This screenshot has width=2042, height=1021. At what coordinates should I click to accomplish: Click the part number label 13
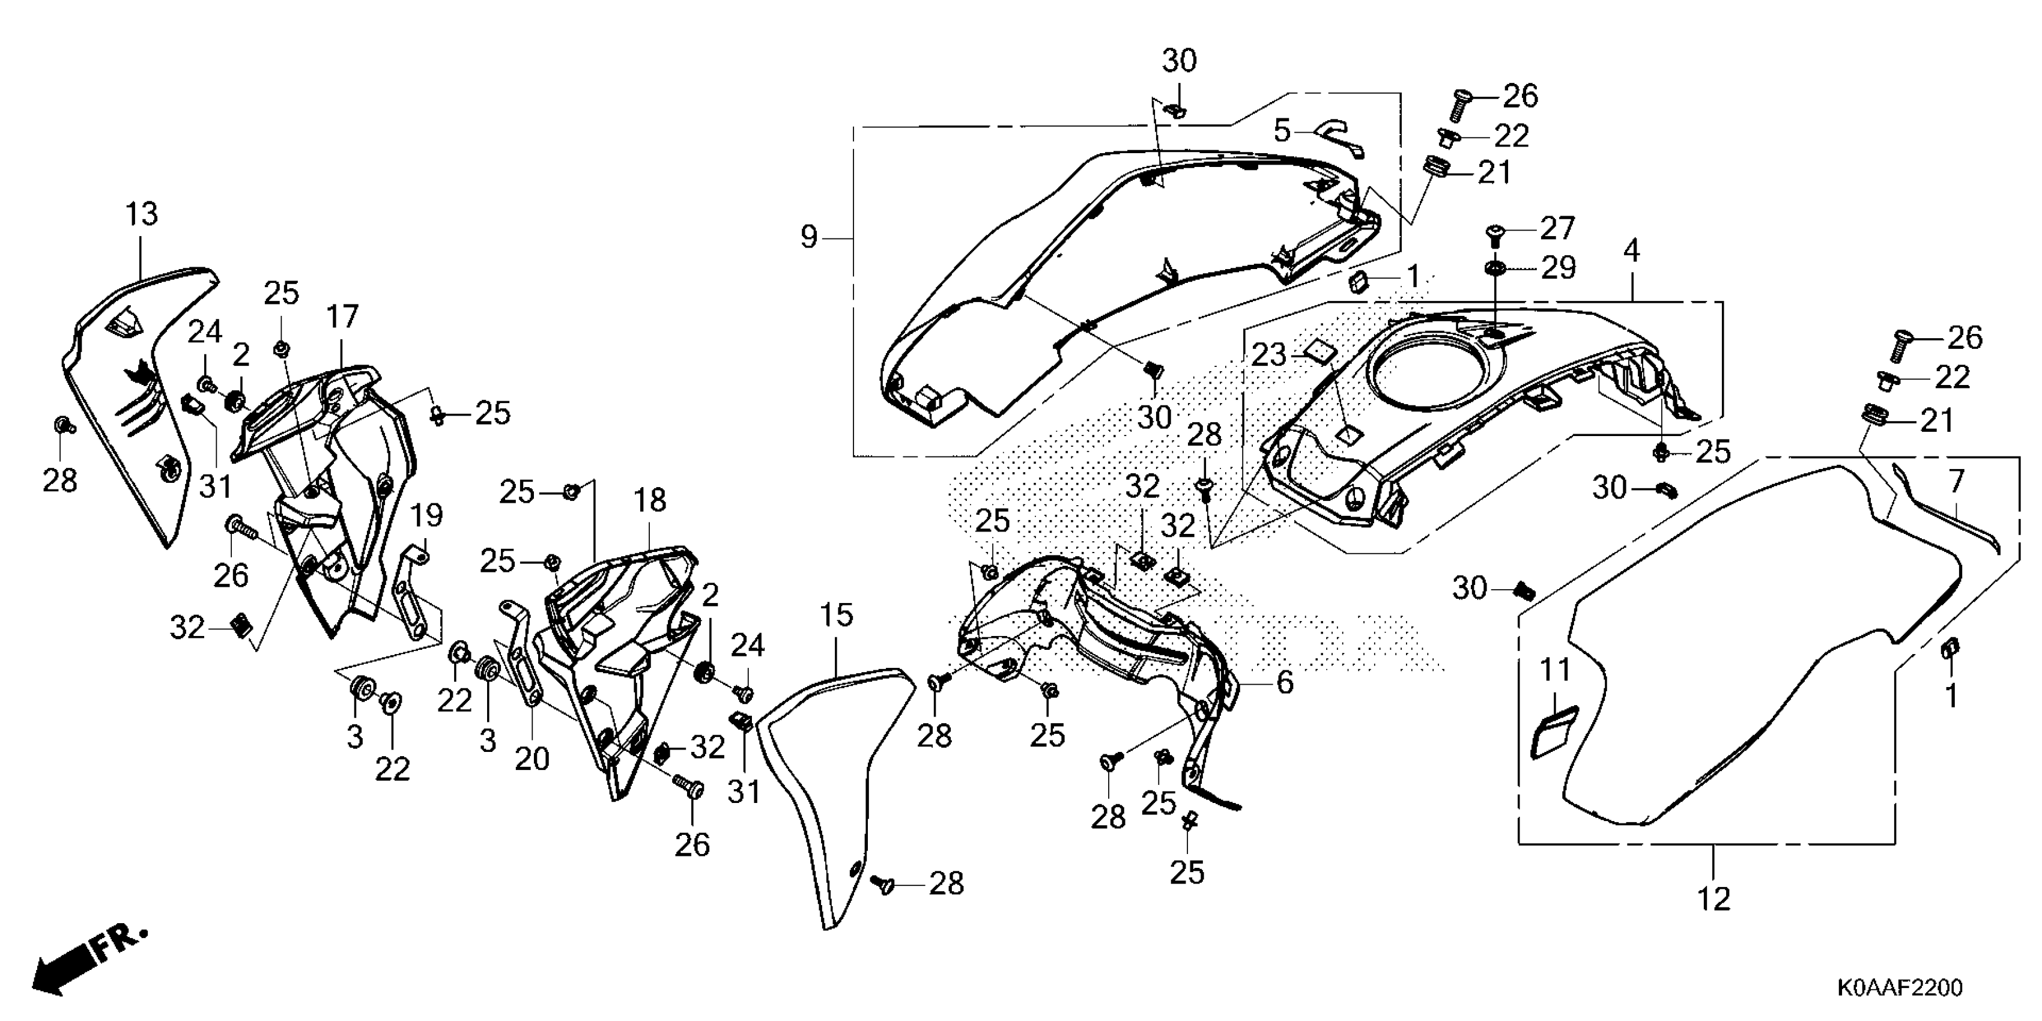[x=142, y=214]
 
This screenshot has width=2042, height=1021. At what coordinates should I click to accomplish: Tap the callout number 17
[x=342, y=317]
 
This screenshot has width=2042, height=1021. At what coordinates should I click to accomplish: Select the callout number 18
[x=650, y=501]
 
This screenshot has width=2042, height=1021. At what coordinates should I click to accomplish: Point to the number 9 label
[x=808, y=238]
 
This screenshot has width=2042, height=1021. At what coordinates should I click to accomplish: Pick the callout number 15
[x=836, y=615]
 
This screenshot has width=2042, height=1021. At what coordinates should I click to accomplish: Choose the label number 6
[x=1284, y=682]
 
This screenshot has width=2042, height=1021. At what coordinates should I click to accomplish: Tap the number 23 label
[x=1268, y=355]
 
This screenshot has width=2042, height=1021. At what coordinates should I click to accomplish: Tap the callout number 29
[x=1559, y=268]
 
